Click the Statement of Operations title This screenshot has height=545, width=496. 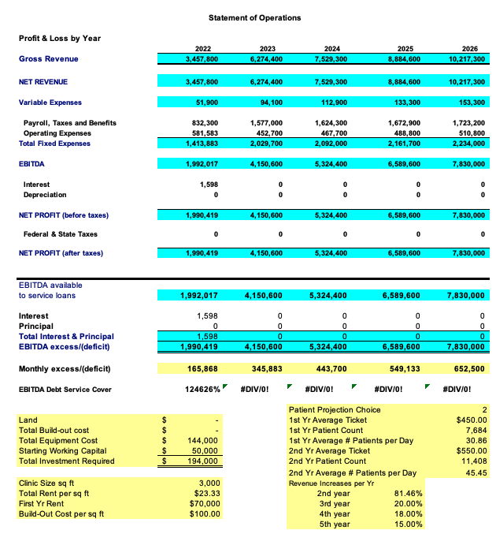[254, 17]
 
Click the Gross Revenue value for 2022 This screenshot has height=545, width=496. [202, 59]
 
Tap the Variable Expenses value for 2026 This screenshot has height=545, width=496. [468, 103]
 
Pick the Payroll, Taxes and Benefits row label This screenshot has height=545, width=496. [70, 123]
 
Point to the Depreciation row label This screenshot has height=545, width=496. [45, 194]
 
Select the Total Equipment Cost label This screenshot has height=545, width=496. [57, 441]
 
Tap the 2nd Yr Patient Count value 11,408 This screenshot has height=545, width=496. [475, 461]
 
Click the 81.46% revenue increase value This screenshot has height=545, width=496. [409, 493]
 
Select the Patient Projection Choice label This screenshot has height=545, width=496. [335, 410]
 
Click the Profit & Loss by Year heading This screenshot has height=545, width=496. [60, 38]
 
